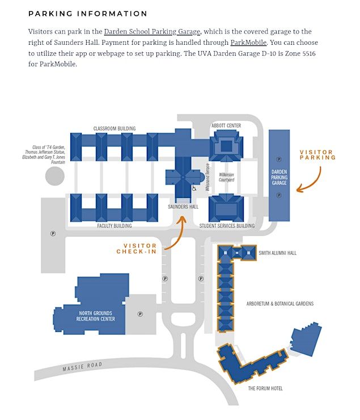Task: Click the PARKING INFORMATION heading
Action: pyautogui.click(x=87, y=14)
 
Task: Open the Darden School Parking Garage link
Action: pyautogui.click(x=152, y=32)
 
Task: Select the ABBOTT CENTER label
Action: pyautogui.click(x=226, y=125)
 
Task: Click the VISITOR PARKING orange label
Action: pyautogui.click(x=317, y=155)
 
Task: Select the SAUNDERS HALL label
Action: pyautogui.click(x=183, y=207)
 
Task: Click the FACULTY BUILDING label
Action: pyautogui.click(x=114, y=226)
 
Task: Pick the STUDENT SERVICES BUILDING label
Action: pyautogui.click(x=227, y=226)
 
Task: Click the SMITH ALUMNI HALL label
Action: pyautogui.click(x=278, y=253)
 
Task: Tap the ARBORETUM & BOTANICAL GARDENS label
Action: pyautogui.click(x=279, y=304)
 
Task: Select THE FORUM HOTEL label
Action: pyautogui.click(x=265, y=388)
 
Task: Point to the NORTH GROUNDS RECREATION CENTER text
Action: pyautogui.click(x=96, y=316)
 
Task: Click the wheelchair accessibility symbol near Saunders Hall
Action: pyautogui.click(x=194, y=188)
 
